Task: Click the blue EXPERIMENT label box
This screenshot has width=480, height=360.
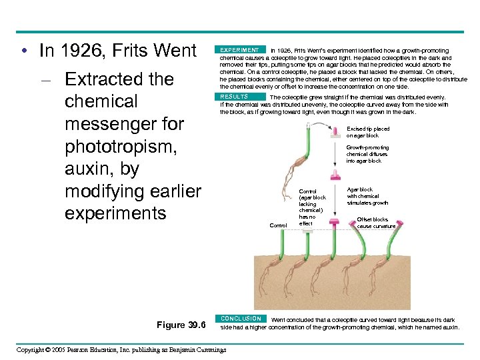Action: click(241, 50)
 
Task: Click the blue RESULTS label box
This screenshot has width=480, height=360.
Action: click(234, 97)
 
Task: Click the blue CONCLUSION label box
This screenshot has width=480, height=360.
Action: click(241, 319)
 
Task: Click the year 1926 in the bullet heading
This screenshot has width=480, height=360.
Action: click(89, 51)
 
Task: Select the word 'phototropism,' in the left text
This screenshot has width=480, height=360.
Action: click(121, 146)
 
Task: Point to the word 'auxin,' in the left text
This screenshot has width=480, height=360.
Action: click(91, 169)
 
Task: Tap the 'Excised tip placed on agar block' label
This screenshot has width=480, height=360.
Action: click(368, 132)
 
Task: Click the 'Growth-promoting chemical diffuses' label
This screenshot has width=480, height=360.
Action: click(367, 154)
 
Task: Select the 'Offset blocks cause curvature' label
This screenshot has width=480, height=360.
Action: click(375, 223)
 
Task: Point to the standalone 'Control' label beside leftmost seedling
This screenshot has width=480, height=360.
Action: click(278, 225)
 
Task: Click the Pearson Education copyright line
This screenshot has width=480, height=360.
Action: click(121, 349)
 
